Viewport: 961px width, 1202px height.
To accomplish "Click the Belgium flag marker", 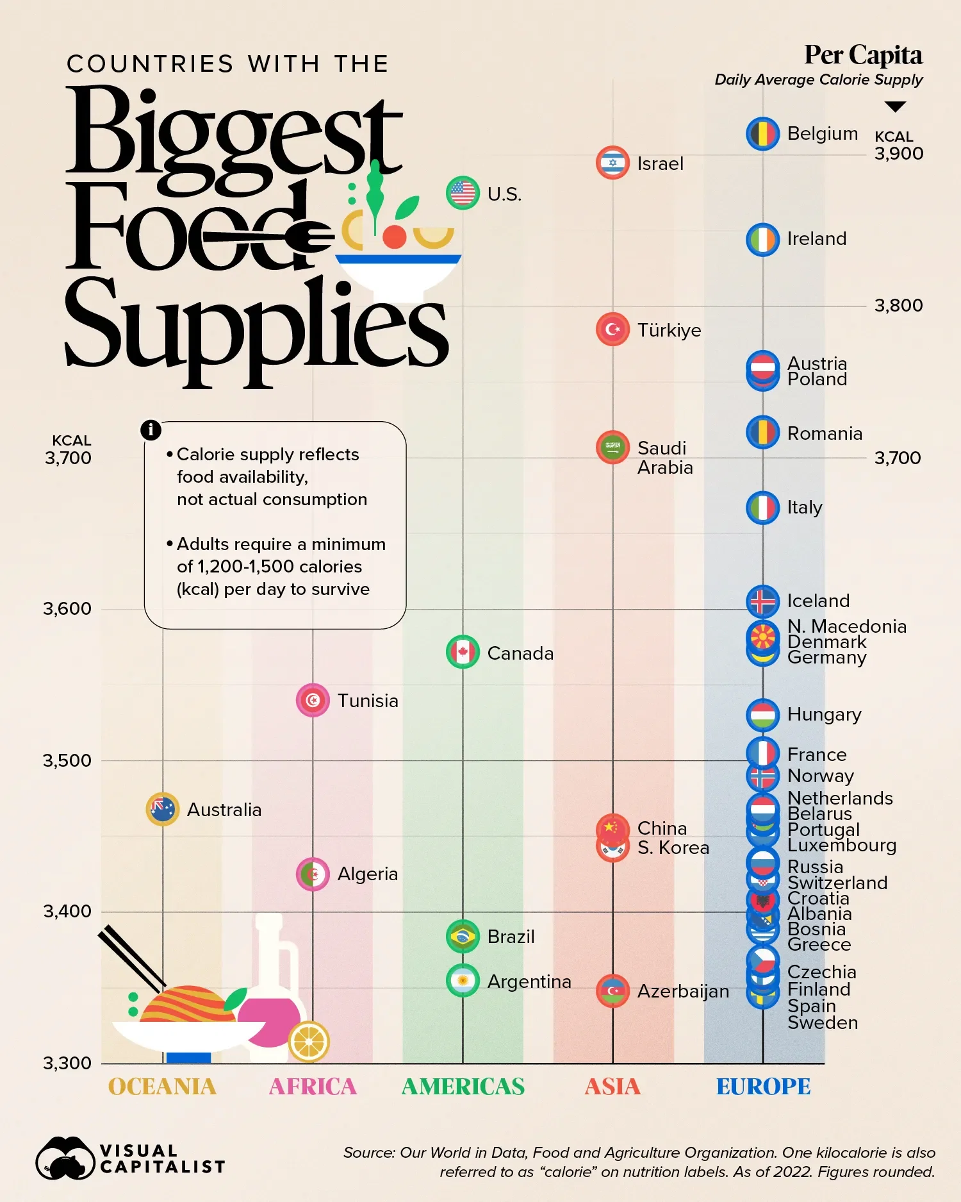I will click(762, 134).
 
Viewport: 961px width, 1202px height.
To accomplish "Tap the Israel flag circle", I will click(612, 163).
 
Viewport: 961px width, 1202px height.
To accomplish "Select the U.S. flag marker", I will click(463, 193).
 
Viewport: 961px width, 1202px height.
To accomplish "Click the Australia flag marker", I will click(162, 809).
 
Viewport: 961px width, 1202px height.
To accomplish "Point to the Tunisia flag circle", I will click(313, 700).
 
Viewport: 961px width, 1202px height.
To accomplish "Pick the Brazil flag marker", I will click(463, 937).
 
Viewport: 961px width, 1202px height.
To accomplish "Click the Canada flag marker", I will click(463, 653).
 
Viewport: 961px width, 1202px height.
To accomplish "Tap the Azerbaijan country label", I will click(683, 991).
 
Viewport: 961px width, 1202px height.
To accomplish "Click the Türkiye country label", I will click(669, 330).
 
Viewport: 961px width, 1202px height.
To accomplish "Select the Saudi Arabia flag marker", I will click(612, 447).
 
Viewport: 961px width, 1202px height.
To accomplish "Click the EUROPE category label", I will click(763, 1087).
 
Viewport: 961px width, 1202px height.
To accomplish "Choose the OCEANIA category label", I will click(162, 1087).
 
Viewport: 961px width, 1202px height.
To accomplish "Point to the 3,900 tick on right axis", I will click(899, 154).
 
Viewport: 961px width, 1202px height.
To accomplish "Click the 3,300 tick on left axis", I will click(67, 1063).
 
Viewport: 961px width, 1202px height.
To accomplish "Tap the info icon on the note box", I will click(151, 430).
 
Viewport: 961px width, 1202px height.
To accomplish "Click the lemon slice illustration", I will click(309, 1041).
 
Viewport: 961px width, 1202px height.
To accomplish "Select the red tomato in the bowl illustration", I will click(395, 237).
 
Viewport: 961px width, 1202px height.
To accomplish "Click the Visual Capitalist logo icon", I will click(64, 1158).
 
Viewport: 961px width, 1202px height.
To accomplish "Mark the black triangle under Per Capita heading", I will click(895, 106).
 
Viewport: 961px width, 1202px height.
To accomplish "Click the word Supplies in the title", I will click(256, 327).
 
